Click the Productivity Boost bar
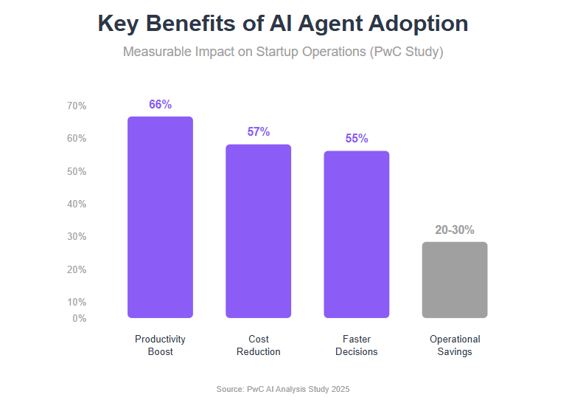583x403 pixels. click(160, 217)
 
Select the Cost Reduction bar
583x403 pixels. click(259, 231)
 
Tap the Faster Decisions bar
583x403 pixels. click(357, 234)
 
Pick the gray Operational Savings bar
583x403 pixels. click(455, 280)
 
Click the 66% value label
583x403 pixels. click(160, 104)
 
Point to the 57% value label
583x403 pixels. click(259, 131)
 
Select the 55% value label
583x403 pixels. click(357, 138)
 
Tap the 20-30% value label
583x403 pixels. click(455, 230)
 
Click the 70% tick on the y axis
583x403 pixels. click(77, 106)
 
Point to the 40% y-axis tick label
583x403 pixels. click(77, 204)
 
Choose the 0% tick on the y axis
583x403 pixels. click(79, 318)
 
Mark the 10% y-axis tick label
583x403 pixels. click(77, 302)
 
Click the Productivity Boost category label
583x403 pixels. click(160, 345)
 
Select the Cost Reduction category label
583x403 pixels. click(259, 345)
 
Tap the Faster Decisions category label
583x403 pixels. click(357, 345)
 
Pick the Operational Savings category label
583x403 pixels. click(455, 345)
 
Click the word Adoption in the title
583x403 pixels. click(419, 24)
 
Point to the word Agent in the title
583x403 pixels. click(330, 24)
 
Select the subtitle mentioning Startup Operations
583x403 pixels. click(283, 52)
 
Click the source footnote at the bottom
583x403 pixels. click(283, 389)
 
